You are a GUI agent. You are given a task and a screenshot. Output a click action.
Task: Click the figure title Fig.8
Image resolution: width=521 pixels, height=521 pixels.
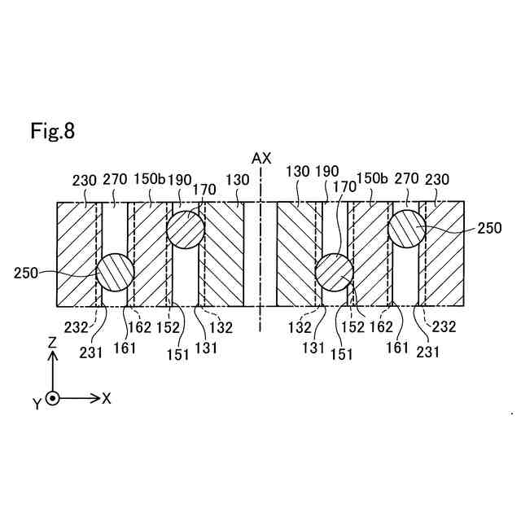[53, 130]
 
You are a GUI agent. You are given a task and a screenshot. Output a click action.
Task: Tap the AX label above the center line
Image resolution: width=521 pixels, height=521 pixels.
[261, 158]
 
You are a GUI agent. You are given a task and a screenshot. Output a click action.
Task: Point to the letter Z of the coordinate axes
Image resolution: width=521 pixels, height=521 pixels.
[52, 344]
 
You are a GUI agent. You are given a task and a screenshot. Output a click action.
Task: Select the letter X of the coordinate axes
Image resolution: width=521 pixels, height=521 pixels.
[107, 398]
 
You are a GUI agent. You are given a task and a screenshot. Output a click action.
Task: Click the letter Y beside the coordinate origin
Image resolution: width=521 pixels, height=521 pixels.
[37, 405]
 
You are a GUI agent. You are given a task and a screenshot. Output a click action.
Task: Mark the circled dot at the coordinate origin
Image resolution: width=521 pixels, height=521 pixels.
[53, 398]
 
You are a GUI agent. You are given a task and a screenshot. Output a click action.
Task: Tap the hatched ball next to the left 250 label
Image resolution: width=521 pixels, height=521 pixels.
[116, 272]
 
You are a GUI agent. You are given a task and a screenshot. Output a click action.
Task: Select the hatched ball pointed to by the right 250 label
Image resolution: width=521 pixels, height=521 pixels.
[406, 230]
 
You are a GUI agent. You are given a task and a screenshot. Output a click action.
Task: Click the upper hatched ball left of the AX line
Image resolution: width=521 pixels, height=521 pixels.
[186, 230]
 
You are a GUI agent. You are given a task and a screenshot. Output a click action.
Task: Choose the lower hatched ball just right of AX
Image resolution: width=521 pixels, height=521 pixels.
[334, 272]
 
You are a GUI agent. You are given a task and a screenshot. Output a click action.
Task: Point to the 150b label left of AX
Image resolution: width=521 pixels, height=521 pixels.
[149, 179]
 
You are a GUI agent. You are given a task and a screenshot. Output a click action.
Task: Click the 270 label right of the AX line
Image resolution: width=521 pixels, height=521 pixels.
[405, 179]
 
